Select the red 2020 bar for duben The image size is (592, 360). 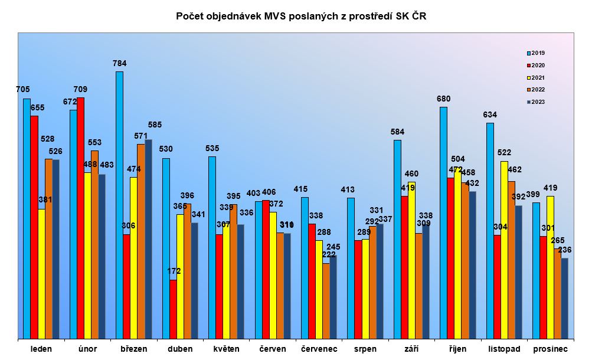[173, 309]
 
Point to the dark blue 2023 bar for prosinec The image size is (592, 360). [564, 298]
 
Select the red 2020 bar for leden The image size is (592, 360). [34, 227]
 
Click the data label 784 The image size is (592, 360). [120, 63]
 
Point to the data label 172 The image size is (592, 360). [174, 271]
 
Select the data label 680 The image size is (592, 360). [443, 99]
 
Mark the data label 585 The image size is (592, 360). [155, 125]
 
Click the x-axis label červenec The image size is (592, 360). [319, 349]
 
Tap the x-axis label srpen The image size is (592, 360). [365, 349]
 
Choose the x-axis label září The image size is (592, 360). [411, 349]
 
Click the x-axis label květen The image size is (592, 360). [227, 349]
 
